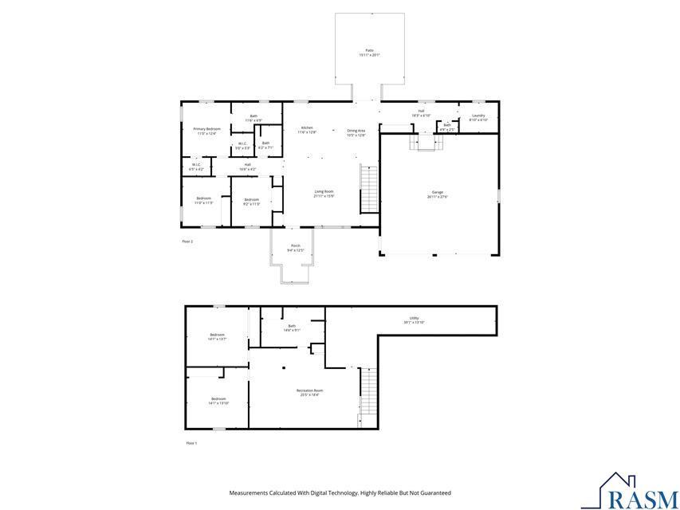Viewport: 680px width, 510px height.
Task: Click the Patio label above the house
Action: click(369, 53)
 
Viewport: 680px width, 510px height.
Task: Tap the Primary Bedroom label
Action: click(206, 131)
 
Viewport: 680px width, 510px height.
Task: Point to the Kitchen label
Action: click(307, 130)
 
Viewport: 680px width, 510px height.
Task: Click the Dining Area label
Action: click(356, 132)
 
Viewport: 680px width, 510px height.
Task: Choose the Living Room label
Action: click(324, 193)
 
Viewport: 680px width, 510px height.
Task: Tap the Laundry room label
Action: click(478, 117)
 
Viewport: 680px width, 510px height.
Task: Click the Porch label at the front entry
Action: click(295, 248)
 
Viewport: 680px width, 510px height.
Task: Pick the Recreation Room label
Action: click(310, 392)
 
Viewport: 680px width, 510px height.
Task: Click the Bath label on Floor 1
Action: click(292, 328)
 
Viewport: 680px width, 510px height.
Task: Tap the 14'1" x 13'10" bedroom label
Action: click(218, 401)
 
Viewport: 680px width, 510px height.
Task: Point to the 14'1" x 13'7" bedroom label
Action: click(217, 336)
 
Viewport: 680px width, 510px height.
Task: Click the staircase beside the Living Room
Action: click(368, 188)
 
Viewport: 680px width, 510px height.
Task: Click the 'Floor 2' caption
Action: click(187, 241)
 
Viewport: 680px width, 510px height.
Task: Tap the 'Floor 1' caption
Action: click(191, 443)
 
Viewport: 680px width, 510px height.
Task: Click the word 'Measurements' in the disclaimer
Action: click(250, 493)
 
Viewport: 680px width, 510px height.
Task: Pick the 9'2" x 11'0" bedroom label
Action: click(252, 201)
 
